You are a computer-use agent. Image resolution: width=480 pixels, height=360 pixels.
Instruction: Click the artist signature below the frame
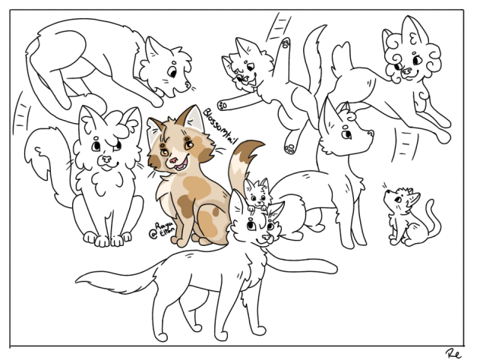(x=454, y=352)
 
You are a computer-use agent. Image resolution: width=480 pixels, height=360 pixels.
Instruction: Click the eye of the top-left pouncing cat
(x=172, y=72)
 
